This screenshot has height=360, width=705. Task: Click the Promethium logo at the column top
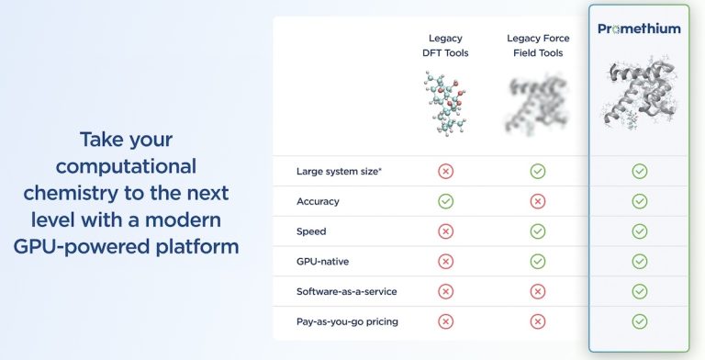[x=639, y=28]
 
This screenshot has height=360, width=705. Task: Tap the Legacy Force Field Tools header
[x=538, y=45]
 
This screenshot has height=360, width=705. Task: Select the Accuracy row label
[x=318, y=201]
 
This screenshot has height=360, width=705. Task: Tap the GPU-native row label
[x=323, y=261]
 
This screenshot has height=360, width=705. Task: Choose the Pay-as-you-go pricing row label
[x=347, y=321]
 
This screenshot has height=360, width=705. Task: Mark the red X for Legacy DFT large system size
[x=446, y=171]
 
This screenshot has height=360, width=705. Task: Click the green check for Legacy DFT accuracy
[x=446, y=201]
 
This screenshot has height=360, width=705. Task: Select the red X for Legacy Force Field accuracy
[x=538, y=201]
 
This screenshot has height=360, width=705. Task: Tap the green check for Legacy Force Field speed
[x=538, y=231]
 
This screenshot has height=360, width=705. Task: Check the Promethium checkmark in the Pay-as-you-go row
[x=640, y=321]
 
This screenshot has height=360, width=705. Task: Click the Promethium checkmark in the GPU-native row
[x=640, y=261]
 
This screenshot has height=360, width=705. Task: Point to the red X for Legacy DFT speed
[x=446, y=231]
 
